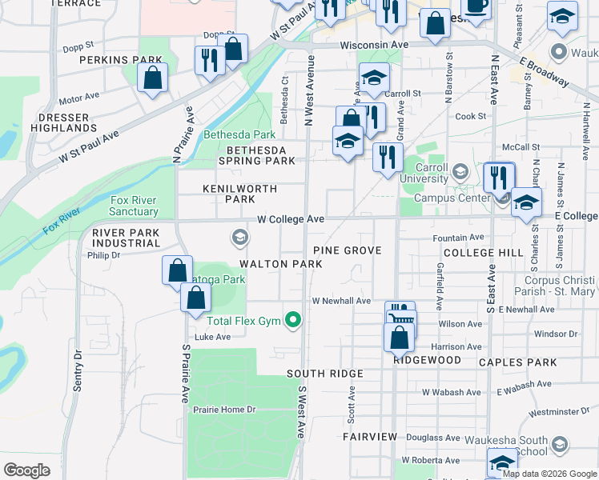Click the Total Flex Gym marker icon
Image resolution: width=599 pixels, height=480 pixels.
tap(294, 321)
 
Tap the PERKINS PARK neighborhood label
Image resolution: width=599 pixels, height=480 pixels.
tap(121, 60)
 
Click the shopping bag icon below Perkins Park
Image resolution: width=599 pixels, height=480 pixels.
tap(151, 78)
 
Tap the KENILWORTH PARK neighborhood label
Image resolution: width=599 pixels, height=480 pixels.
tap(228, 194)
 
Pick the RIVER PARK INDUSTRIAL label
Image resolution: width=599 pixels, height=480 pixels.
tap(126, 238)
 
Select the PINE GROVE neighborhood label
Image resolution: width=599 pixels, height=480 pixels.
tap(347, 250)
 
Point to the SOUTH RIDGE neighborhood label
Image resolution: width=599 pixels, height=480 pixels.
tap(325, 374)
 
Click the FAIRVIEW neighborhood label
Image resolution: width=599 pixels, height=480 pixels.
tap(369, 437)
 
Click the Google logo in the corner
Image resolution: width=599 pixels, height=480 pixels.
tap(26, 470)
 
